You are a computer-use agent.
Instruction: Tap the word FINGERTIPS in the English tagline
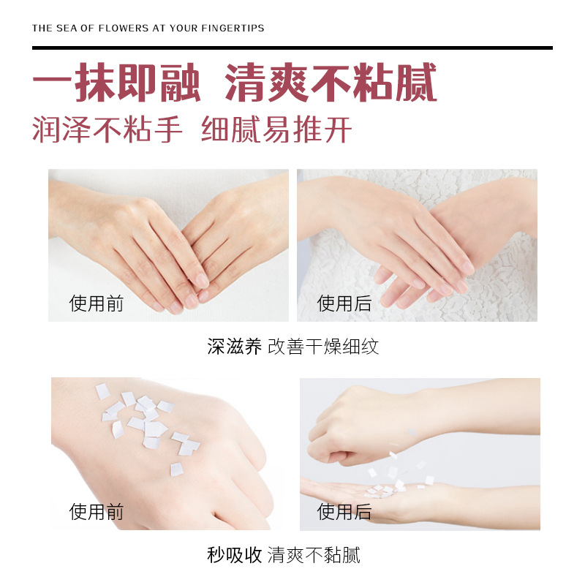pos(233,29)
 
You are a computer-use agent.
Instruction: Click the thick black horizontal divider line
pos(292,48)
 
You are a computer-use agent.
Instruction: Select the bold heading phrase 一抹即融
pos(117,83)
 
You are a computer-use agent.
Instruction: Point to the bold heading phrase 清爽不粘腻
pos(331,83)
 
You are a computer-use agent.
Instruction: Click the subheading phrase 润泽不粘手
pos(107,129)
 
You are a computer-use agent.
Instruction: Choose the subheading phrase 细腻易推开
pos(276,129)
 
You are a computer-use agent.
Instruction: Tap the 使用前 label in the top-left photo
pos(97,303)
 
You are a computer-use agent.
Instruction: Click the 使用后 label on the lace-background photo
pos(344,303)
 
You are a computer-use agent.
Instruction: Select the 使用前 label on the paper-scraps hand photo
pos(97,511)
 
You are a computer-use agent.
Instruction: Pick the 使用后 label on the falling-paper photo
pos(344,511)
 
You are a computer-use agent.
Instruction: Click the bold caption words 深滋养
pos(235,347)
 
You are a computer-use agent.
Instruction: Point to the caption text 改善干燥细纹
pos(323,347)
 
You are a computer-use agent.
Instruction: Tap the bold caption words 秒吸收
pos(235,555)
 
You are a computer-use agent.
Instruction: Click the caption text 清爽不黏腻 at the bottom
pos(314,555)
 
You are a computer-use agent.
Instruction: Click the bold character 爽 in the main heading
pos(287,83)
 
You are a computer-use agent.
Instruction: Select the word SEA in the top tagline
pos(67,29)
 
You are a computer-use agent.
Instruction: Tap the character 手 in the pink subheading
pos(169,129)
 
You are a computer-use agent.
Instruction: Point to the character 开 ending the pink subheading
pos(338,129)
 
